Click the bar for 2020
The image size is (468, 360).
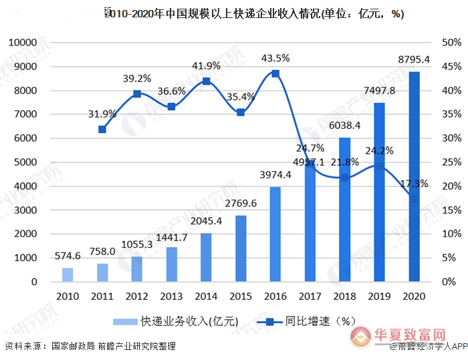pyautogui.click(x=415, y=177)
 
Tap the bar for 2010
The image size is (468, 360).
pyautogui.click(x=68, y=275)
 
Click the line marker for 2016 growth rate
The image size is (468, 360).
pyautogui.click(x=275, y=73)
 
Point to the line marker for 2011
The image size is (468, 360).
pyautogui.click(x=102, y=129)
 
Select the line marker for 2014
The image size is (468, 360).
pyautogui.click(x=206, y=81)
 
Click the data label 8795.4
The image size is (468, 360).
pyautogui.click(x=414, y=59)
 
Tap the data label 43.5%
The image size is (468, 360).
pyautogui.click(x=275, y=58)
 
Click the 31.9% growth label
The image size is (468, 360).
pyautogui.click(x=102, y=114)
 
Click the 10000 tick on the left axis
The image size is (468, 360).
pyautogui.click(x=22, y=43)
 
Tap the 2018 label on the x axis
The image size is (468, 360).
pyautogui.click(x=345, y=296)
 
